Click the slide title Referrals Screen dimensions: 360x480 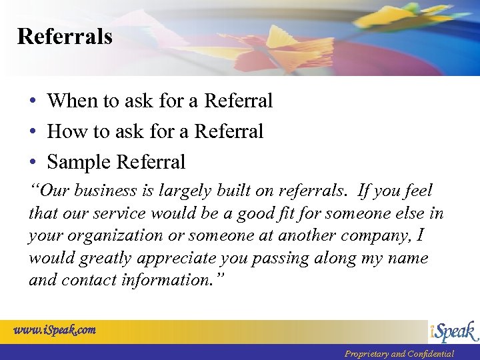pyautogui.click(x=65, y=36)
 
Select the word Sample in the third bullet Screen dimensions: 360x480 pyautogui.click(x=79, y=162)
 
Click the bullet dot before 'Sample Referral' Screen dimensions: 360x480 pyautogui.click(x=33, y=162)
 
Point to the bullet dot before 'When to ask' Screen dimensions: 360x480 pyautogui.click(x=33, y=101)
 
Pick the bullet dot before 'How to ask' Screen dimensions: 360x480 pyautogui.click(x=33, y=131)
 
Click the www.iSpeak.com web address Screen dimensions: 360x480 pyautogui.click(x=55, y=329)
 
